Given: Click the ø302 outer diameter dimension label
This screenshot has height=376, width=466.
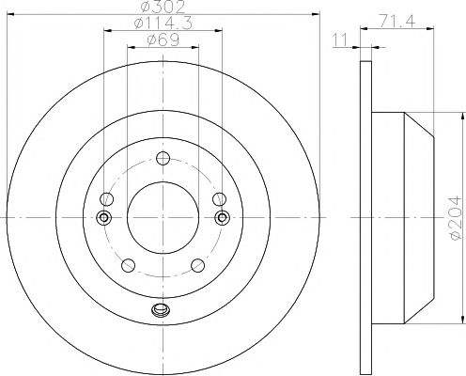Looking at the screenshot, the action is coord(163,7).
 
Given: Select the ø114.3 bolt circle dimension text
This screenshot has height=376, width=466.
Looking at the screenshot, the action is coord(163,23).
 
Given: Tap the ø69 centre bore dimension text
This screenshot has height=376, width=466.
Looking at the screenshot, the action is coord(163,39).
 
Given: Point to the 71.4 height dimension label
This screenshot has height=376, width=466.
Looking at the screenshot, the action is coord(397,22).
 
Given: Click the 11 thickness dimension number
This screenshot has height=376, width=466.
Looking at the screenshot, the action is coord(340,39).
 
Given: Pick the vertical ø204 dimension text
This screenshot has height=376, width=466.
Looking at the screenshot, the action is coord(455,217).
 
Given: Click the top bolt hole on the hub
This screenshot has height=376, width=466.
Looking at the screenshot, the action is coord(163,158).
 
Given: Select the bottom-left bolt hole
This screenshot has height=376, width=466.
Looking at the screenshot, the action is coord(128,265).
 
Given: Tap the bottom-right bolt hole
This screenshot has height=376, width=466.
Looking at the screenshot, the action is coord(197,265).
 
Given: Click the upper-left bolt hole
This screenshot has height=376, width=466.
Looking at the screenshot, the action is coord(107,199).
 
